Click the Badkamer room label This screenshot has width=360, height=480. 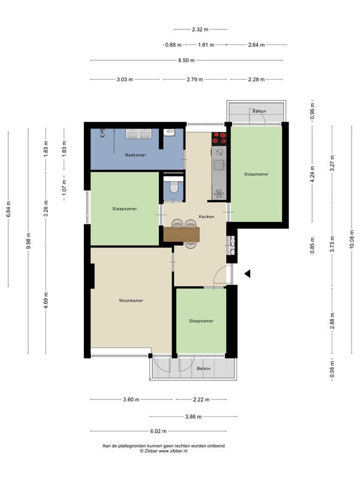point(136,155)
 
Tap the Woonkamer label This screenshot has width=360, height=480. point(131,301)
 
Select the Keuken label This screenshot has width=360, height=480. point(206,217)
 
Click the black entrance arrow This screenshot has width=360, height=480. point(247,274)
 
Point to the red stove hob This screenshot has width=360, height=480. point(219,139)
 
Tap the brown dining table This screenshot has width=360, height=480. point(182,234)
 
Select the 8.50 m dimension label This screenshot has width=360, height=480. point(187,61)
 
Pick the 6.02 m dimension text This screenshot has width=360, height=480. point(158,431)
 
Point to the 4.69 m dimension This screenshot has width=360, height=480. point(46,301)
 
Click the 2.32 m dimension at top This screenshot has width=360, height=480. point(200,29)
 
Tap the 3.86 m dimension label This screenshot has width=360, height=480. point(193,416)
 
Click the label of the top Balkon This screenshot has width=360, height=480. point(259,111)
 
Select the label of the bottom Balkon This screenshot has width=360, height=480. point(203,368)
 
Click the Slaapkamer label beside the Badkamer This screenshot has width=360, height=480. point(125,209)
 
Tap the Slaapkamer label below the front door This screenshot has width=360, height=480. point(201,321)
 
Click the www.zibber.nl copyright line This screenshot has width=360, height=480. point(163,451)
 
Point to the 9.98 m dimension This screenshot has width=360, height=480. point(28,241)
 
